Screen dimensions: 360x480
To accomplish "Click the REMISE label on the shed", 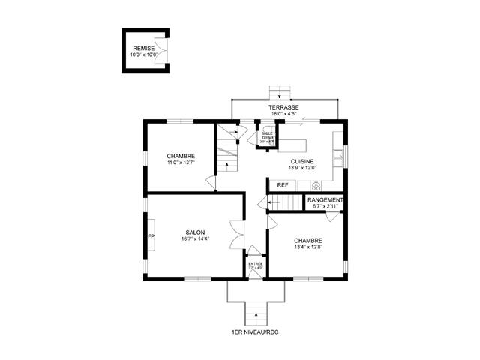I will coord(144,49).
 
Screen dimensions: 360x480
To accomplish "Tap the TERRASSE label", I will coord(284,108).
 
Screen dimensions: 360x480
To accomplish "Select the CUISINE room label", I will coord(302,161).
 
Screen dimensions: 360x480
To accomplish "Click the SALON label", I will coord(195,232).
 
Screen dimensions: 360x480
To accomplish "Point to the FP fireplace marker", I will coord(151,237).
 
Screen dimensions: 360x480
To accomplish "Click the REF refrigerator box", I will coord(283,185).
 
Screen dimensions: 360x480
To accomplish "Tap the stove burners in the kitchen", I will coord(316,185).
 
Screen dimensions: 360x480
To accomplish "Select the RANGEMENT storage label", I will coord(325,200).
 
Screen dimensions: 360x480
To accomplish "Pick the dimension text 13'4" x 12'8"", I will coord(308,247).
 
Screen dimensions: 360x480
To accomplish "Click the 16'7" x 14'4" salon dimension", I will coord(195,239).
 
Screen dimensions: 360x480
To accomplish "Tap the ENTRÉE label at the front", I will coord(256,264).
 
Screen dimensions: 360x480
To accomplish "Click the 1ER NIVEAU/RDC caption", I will coord(256,331).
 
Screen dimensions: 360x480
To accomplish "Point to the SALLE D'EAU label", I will coord(266,136).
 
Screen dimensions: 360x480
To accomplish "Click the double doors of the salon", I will coord(238,232).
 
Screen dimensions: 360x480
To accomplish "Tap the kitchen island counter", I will coord(295,145).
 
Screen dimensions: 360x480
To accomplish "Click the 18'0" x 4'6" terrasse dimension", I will coord(284,115).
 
